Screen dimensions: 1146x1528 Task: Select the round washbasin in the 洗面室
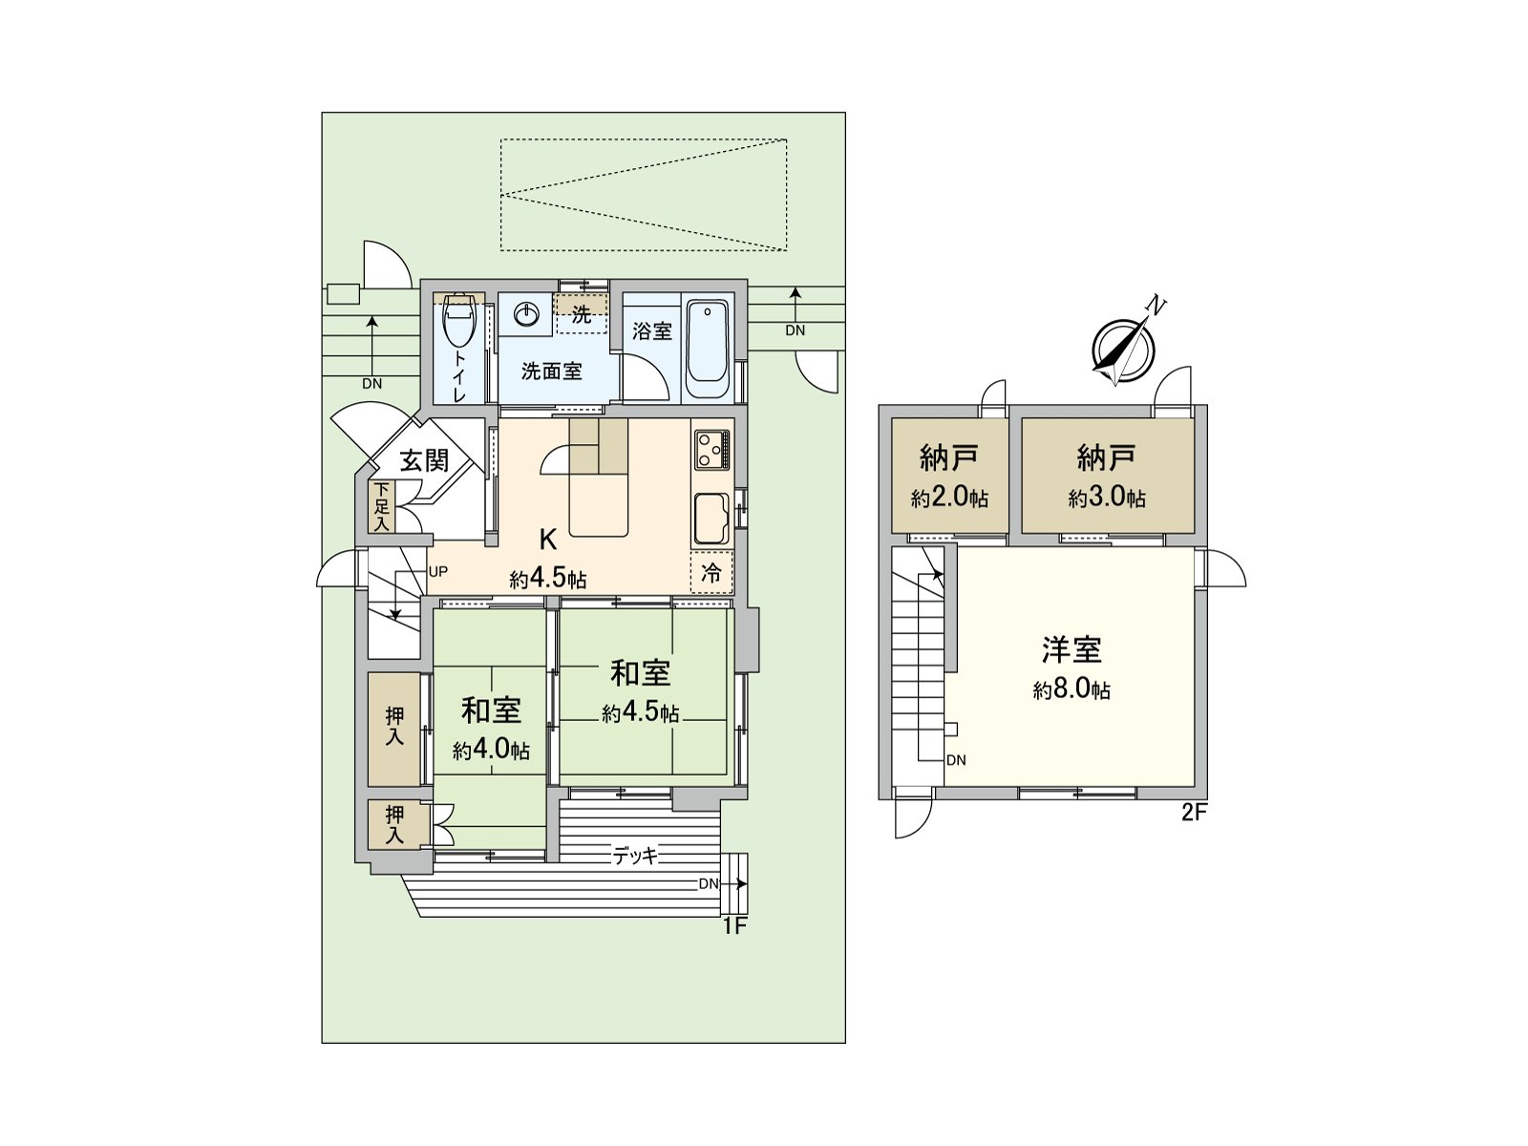(x=526, y=313)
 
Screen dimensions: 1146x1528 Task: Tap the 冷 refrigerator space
(x=711, y=573)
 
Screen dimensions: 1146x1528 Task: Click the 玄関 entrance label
(x=423, y=460)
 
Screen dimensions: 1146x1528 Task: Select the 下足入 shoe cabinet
(x=382, y=506)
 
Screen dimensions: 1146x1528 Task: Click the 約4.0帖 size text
(x=491, y=751)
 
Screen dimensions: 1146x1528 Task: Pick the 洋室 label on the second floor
(x=1072, y=649)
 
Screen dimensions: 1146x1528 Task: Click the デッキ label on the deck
(x=636, y=856)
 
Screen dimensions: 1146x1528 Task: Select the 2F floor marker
(x=1195, y=813)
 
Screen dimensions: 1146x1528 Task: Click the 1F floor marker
(x=732, y=924)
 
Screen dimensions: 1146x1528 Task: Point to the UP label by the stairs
(x=438, y=572)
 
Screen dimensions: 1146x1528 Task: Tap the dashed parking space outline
(x=644, y=195)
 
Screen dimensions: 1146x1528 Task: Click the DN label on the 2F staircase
(x=956, y=760)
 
